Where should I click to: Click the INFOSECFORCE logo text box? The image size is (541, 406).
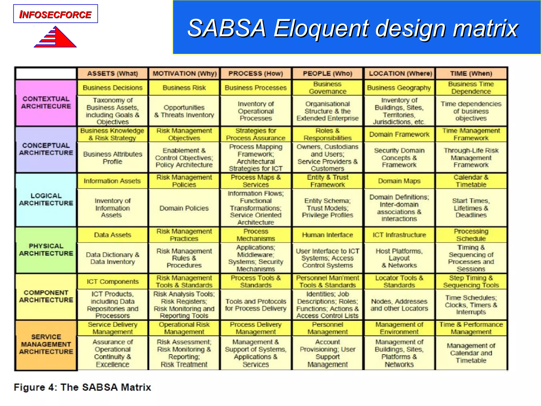pyautogui.click(x=55, y=14)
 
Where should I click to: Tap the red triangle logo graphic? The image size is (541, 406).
pyautogui.click(x=57, y=38)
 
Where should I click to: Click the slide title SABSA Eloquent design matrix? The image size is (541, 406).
pyautogui.click(x=353, y=28)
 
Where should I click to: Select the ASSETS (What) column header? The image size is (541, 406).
pyautogui.click(x=113, y=73)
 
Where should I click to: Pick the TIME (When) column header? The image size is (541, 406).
pyautogui.click(x=471, y=73)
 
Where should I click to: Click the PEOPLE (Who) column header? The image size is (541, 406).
pyautogui.click(x=328, y=73)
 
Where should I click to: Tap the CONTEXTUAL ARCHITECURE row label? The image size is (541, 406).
pyautogui.click(x=46, y=103)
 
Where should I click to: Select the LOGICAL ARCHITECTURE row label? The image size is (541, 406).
pyautogui.click(x=46, y=200)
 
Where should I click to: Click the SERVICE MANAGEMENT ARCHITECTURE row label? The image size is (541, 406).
pyautogui.click(x=46, y=344)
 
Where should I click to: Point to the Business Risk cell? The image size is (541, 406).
pyautogui.click(x=184, y=88)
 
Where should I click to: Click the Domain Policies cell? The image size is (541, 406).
pyautogui.click(x=184, y=208)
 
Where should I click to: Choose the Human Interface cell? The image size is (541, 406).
pyautogui.click(x=328, y=235)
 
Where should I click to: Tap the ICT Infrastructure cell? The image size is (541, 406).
pyautogui.click(x=399, y=235)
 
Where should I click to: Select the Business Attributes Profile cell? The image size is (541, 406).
pyautogui.click(x=113, y=158)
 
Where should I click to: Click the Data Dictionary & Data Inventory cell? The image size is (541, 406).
pyautogui.click(x=113, y=258)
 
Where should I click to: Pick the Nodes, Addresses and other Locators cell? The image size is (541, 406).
pyautogui.click(x=399, y=305)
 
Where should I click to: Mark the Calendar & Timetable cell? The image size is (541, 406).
pyautogui.click(x=471, y=181)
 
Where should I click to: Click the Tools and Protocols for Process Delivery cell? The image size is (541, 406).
pyautogui.click(x=256, y=305)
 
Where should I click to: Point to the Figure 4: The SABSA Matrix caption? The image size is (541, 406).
pyautogui.click(x=82, y=387)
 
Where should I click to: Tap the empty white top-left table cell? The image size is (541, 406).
pyautogui.click(x=46, y=73)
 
